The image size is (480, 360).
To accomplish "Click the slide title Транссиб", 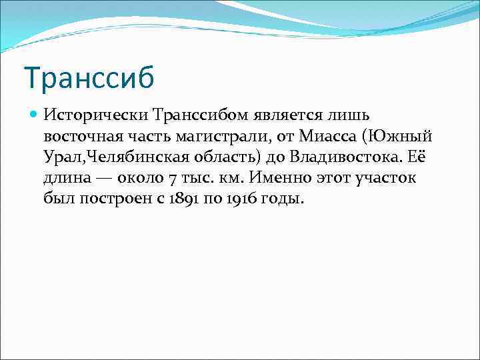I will coord(89,77).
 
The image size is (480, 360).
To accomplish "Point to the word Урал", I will coord(59,157).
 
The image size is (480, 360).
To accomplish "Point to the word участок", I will coord(384,179).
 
